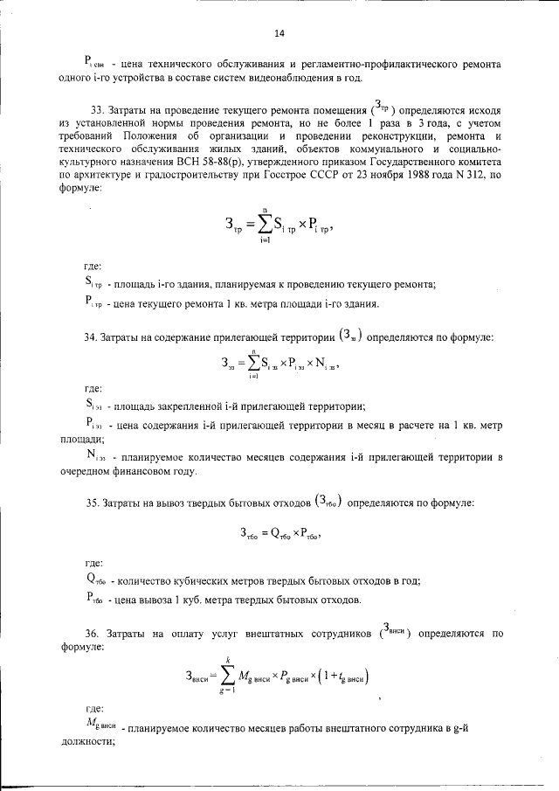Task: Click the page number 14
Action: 279,33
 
